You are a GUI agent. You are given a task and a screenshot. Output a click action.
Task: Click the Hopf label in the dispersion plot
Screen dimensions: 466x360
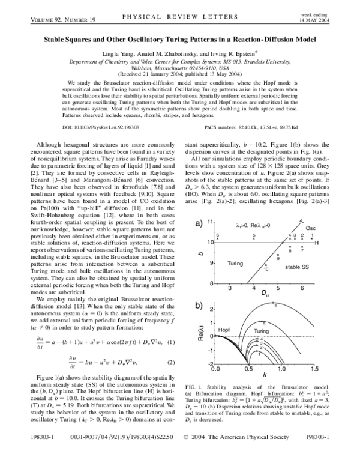[x=223, y=330]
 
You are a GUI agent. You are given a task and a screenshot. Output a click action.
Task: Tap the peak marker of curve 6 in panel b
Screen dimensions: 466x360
[x=275, y=306]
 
